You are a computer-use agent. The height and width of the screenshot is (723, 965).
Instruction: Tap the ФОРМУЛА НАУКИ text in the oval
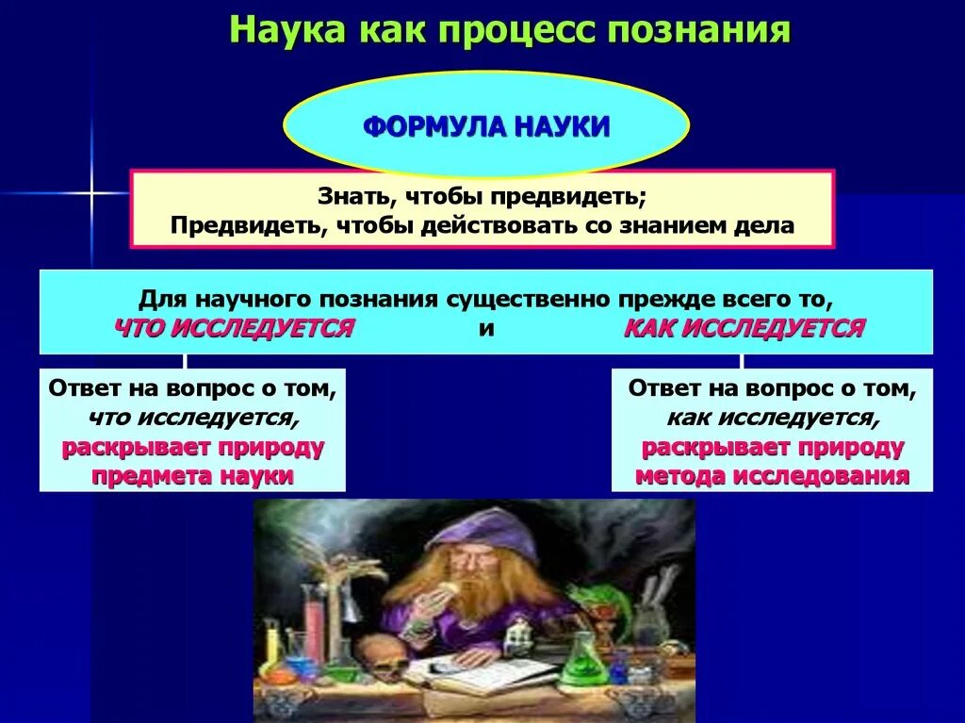tap(486, 126)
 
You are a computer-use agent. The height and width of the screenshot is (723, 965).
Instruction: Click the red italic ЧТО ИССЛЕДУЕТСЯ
tap(234, 328)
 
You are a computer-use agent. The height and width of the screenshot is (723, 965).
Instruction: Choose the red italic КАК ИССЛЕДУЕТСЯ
tap(744, 328)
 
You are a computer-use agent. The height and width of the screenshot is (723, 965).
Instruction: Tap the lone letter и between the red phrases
tap(486, 329)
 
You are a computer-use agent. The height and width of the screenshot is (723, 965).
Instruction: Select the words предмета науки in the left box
tap(192, 475)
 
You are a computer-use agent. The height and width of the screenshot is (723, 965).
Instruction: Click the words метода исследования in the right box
tap(772, 475)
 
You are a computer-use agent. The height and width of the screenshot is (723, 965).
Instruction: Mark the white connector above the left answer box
tap(185, 361)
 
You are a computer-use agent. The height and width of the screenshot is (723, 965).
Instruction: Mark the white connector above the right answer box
tap(742, 361)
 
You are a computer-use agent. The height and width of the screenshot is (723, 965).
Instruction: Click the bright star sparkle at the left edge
tap(92, 193)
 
